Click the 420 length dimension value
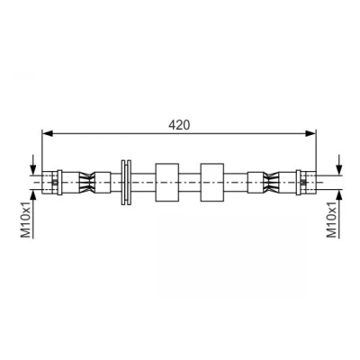pyautogui.click(x=179, y=125)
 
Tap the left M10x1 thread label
pyautogui.click(x=26, y=219)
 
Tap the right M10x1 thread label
pyautogui.click(x=332, y=219)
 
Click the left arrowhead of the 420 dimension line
pyautogui.click(x=48, y=133)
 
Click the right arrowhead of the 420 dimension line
pyautogui.click(x=310, y=133)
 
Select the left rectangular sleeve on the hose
pyautogui.click(x=167, y=182)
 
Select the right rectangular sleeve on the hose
pyautogui.click(x=212, y=182)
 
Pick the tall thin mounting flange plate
pyautogui.click(x=126, y=183)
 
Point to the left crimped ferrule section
pyautogui.click(x=86, y=182)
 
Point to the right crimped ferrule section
pyautogui.click(x=271, y=182)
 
